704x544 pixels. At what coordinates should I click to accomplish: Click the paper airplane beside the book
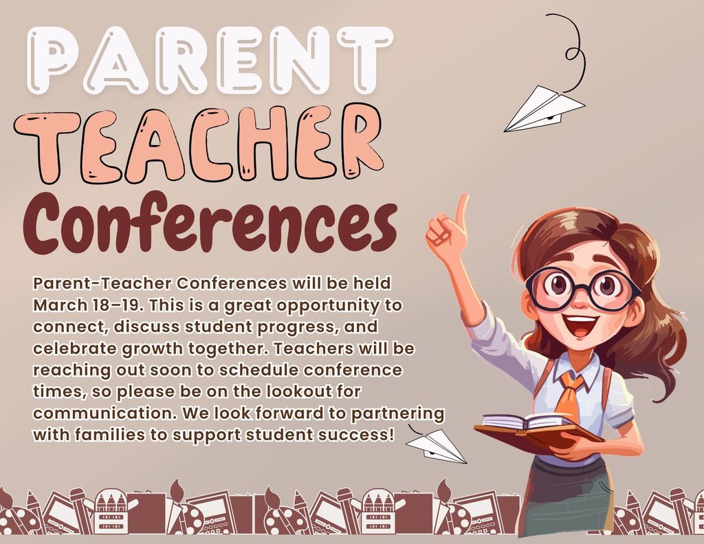click(436, 445)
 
